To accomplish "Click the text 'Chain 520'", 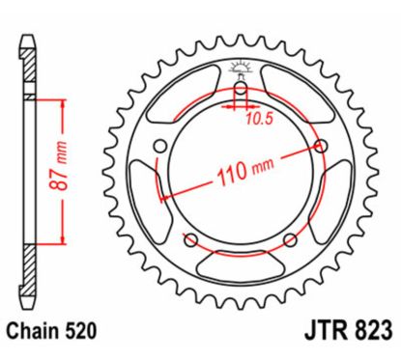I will tap(56, 332).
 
